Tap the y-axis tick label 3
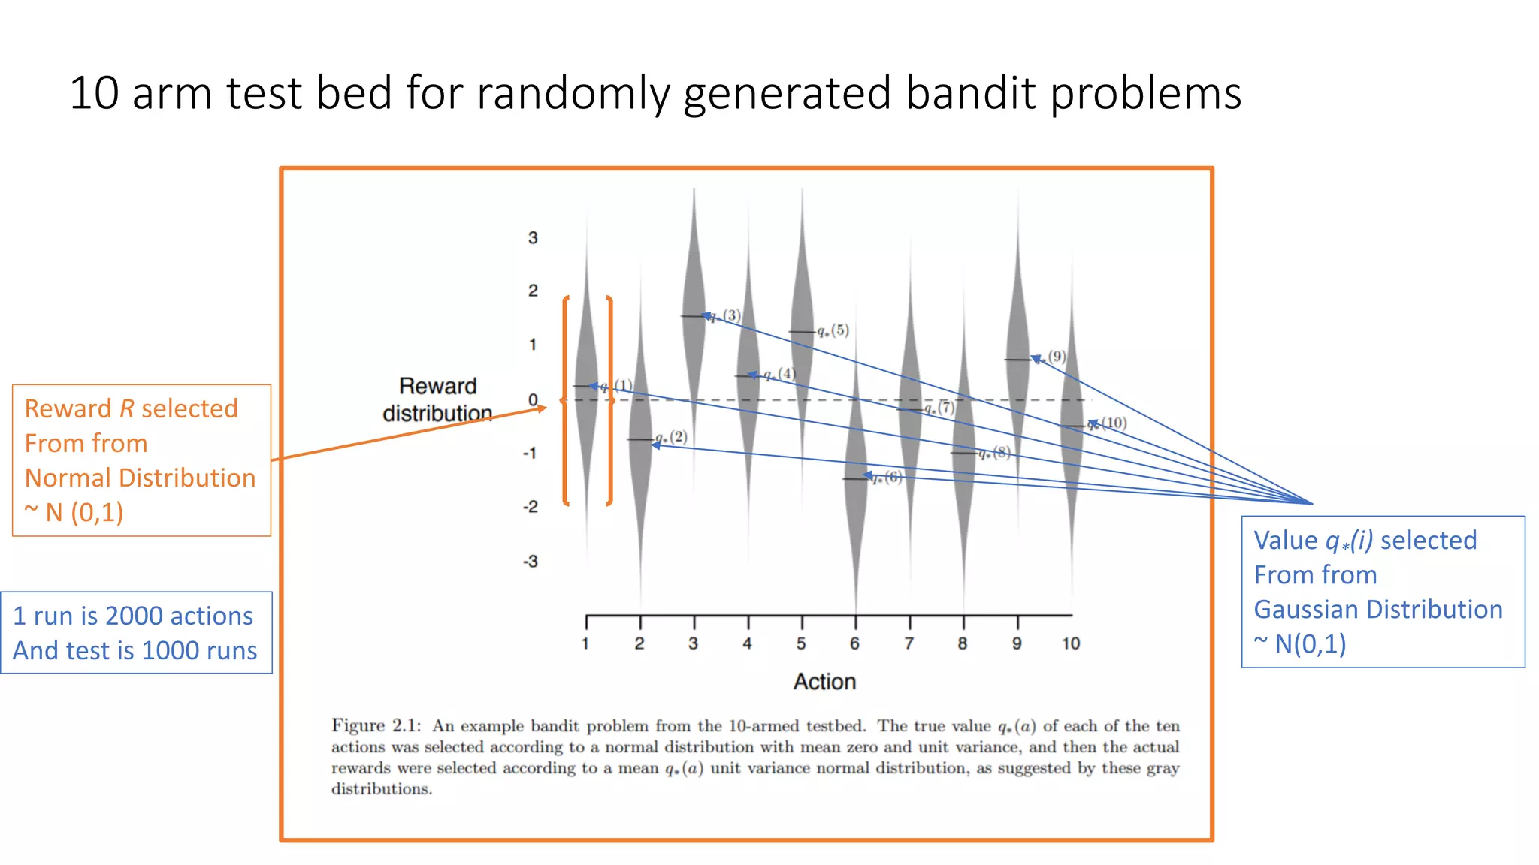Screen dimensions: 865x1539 pyautogui.click(x=533, y=238)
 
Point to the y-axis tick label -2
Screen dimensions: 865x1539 pyautogui.click(x=531, y=507)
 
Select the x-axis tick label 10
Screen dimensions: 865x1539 pyautogui.click(x=1071, y=643)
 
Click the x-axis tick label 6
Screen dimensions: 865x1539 pyautogui.click(x=854, y=643)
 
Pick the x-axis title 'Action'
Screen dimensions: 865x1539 pyautogui.click(x=824, y=681)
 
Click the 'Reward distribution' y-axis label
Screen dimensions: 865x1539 pyautogui.click(x=437, y=399)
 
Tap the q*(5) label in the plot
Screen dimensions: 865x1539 pyautogui.click(x=833, y=330)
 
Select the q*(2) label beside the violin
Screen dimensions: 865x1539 pyautogui.click(x=671, y=437)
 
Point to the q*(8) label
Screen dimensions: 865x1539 pyautogui.click(x=994, y=453)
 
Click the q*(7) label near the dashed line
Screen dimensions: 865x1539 pyautogui.click(x=939, y=408)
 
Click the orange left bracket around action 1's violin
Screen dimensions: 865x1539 pyautogui.click(x=566, y=400)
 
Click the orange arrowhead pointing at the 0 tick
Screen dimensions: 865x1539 pyautogui.click(x=542, y=408)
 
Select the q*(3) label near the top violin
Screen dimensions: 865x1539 pyautogui.click(x=726, y=315)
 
